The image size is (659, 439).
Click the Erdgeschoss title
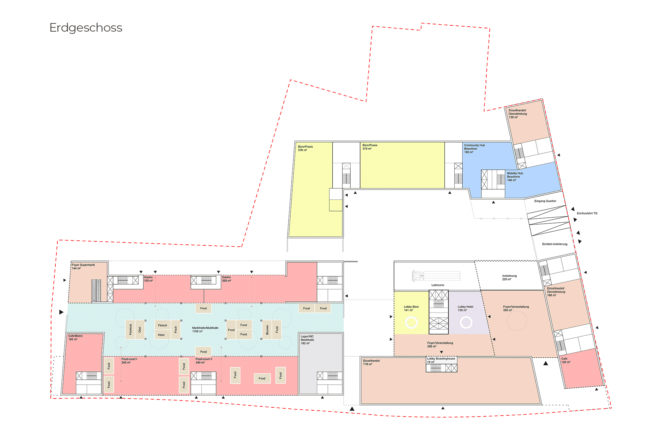(86, 28)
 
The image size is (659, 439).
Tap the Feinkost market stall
(130, 329)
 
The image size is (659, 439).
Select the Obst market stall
(140, 329)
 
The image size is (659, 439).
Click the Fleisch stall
(162, 325)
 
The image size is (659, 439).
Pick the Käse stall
(161, 335)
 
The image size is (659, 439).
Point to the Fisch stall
(176, 329)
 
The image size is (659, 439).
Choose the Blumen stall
(267, 329)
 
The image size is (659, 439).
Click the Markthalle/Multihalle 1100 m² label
(205, 329)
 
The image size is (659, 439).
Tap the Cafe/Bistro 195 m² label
(75, 338)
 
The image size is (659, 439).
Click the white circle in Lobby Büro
(411, 322)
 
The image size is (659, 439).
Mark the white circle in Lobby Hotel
(466, 322)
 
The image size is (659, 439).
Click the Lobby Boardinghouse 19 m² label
(441, 360)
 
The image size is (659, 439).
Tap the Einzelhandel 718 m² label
(371, 362)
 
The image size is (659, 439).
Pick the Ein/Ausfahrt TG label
(587, 213)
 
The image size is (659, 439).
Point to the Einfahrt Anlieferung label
(555, 244)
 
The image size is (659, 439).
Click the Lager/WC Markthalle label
(307, 340)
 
